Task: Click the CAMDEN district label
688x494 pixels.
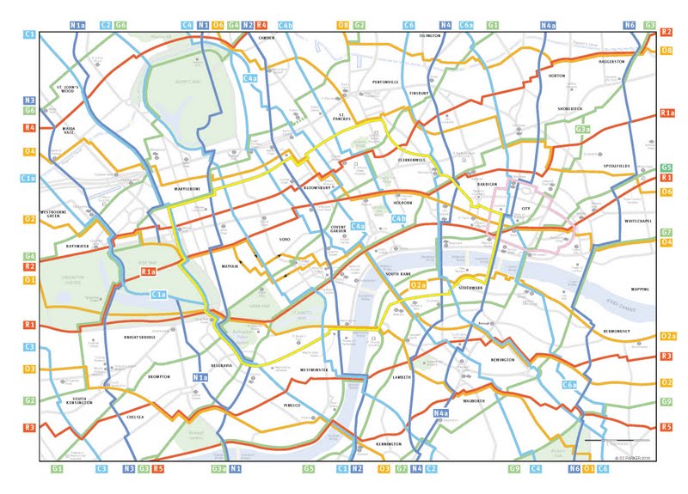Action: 266,39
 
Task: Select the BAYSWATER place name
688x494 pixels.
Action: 77,246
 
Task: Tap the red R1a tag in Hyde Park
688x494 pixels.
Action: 148,272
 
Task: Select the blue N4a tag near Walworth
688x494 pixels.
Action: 440,414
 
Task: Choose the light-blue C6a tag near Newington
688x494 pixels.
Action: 569,386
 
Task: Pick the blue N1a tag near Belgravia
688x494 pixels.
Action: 200,377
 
